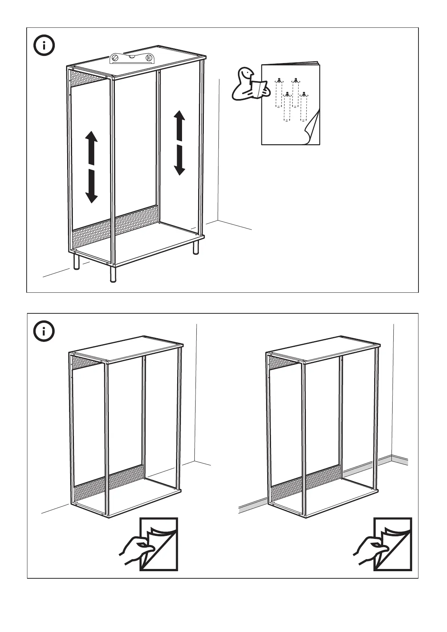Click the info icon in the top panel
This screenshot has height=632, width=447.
(x=44, y=46)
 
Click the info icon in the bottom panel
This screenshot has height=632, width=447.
(x=44, y=331)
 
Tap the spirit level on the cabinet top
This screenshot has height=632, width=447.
(x=132, y=59)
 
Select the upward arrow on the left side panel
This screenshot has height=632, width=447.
(x=91, y=147)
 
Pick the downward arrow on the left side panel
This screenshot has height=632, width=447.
(x=91, y=187)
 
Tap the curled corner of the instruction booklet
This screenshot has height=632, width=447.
(x=312, y=130)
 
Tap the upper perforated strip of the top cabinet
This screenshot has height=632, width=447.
(x=88, y=78)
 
